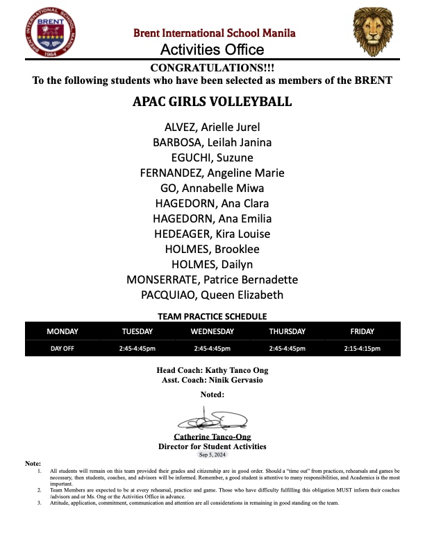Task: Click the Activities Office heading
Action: click(212, 50)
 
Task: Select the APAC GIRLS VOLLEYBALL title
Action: click(212, 103)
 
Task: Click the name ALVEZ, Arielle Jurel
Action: click(212, 127)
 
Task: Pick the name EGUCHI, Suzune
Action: click(212, 157)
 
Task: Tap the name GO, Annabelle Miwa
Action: click(212, 188)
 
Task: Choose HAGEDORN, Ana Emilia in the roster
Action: click(212, 218)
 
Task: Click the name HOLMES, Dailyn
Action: click(212, 264)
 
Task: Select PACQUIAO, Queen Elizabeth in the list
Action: click(212, 295)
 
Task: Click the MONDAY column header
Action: click(62, 332)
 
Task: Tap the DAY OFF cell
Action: click(62, 349)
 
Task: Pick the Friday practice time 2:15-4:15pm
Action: click(362, 349)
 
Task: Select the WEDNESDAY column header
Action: click(212, 332)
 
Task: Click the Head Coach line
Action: click(212, 370)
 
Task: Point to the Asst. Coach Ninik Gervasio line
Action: click(212, 380)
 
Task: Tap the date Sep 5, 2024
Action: click(212, 455)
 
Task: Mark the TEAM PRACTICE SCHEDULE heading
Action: click(212, 316)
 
